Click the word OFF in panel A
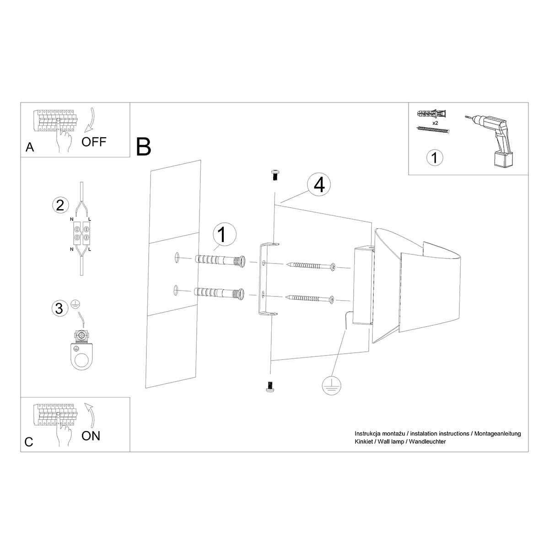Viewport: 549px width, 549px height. (94, 142)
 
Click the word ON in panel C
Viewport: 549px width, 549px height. (91, 436)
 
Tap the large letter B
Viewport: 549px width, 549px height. (144, 146)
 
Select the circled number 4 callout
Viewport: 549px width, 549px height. (318, 185)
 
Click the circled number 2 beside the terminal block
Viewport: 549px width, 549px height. (59, 205)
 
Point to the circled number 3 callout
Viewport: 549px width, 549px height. (59, 308)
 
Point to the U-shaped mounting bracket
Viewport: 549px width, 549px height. (263, 279)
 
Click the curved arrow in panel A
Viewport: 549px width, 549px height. (90, 121)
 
